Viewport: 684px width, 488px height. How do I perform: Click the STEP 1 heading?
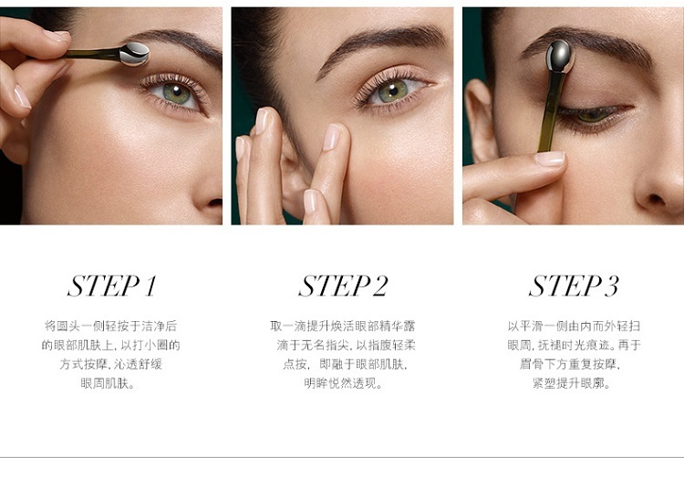pos(111,286)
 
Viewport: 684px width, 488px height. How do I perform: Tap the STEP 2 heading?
pos(343,286)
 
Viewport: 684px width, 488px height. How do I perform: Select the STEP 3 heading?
pos(574,286)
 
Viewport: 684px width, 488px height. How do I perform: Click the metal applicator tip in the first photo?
pos(135,54)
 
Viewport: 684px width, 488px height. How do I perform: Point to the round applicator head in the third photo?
pos(559,57)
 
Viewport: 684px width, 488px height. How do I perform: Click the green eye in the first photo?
pos(175,93)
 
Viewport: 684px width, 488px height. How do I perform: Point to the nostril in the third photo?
pos(656,199)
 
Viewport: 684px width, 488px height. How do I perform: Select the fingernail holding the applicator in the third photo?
pos(549,159)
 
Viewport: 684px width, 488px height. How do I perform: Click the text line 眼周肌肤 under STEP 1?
pos(108,383)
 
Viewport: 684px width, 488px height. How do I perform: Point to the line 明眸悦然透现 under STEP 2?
pos(343,383)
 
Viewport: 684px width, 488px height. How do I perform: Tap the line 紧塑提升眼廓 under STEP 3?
pos(572,383)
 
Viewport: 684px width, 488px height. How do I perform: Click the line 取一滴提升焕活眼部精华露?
pos(343,326)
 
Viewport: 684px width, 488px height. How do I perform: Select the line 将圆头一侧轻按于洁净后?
pos(110,326)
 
